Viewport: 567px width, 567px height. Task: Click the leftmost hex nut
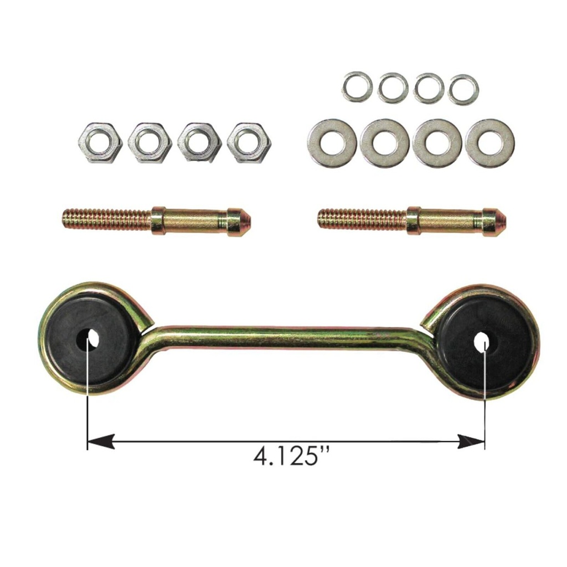point(100,142)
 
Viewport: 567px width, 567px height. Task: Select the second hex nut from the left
point(150,142)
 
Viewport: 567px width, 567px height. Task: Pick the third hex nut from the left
point(199,142)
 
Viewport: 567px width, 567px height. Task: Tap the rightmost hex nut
point(249,142)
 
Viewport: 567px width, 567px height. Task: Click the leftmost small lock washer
point(357,87)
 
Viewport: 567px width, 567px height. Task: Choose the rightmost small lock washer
point(463,89)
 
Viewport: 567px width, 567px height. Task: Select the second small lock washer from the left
point(393,87)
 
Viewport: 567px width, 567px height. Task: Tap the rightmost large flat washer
point(490,143)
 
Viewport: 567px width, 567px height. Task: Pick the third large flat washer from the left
point(437,143)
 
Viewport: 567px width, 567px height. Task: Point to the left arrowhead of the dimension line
point(100,441)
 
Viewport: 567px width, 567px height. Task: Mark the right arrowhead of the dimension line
point(473,441)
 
